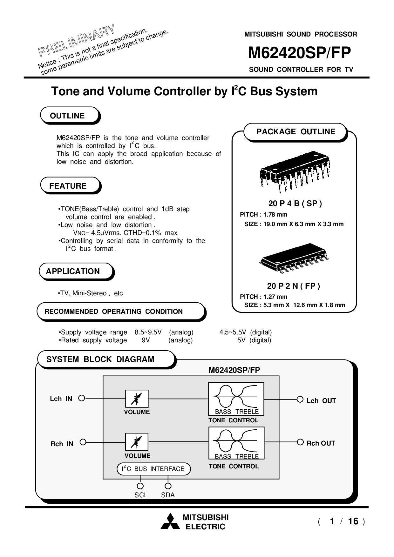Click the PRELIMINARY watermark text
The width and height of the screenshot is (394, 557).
point(76,40)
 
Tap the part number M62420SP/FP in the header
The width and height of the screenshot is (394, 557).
point(299,53)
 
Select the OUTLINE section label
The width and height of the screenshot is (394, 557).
point(67,116)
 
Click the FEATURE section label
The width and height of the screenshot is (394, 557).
point(68,186)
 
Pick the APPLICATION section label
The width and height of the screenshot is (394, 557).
point(73,271)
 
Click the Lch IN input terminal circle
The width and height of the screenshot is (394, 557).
point(82,398)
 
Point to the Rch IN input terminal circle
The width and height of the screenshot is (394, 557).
point(83,442)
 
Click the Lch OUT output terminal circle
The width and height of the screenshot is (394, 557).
point(300,399)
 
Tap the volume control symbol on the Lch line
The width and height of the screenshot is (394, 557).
point(137,399)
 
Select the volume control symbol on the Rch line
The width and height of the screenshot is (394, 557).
point(137,442)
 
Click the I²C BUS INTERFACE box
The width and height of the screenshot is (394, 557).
point(154,469)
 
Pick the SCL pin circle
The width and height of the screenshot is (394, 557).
point(140,486)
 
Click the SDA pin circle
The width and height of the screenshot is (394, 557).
point(168,486)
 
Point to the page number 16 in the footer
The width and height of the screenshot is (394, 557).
point(353,521)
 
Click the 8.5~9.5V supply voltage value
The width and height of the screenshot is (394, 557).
point(148,332)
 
